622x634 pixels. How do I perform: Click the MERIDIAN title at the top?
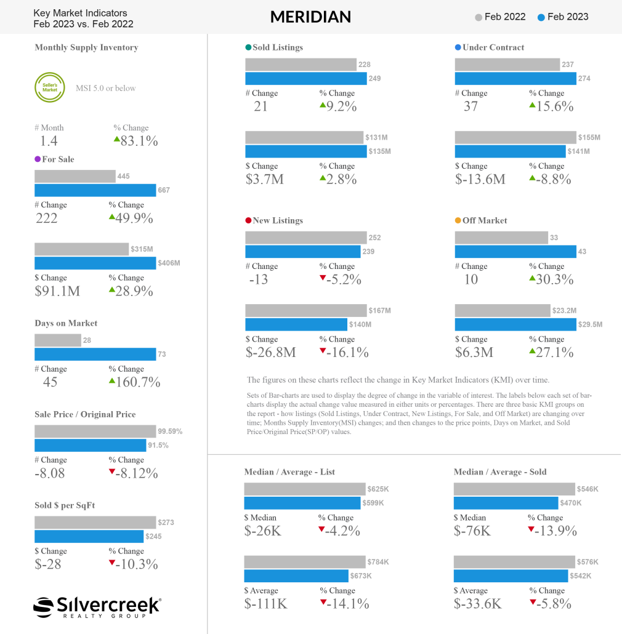pyautogui.click(x=310, y=17)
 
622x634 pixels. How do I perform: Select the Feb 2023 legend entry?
pyautogui.click(x=563, y=17)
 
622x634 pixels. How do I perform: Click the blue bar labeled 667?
pyautogui.click(x=95, y=190)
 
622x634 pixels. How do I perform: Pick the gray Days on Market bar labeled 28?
pyautogui.click(x=58, y=340)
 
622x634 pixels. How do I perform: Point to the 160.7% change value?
pyautogui.click(x=135, y=382)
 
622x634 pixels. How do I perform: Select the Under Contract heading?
pyautogui.click(x=493, y=47)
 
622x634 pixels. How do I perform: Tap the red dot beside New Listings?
pyautogui.click(x=248, y=220)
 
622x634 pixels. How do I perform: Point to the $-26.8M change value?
pyautogui.click(x=270, y=352)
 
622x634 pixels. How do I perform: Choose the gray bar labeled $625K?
pyautogui.click(x=304, y=489)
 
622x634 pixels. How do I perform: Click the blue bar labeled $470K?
pyautogui.click(x=506, y=503)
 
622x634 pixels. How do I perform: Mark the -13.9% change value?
pyautogui.click(x=554, y=531)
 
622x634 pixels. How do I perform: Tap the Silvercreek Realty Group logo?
pyautogui.click(x=97, y=606)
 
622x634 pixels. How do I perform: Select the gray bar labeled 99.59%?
pyautogui.click(x=95, y=431)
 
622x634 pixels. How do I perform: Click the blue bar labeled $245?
pyautogui.click(x=89, y=536)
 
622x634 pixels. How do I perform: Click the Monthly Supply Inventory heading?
pyautogui.click(x=86, y=47)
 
